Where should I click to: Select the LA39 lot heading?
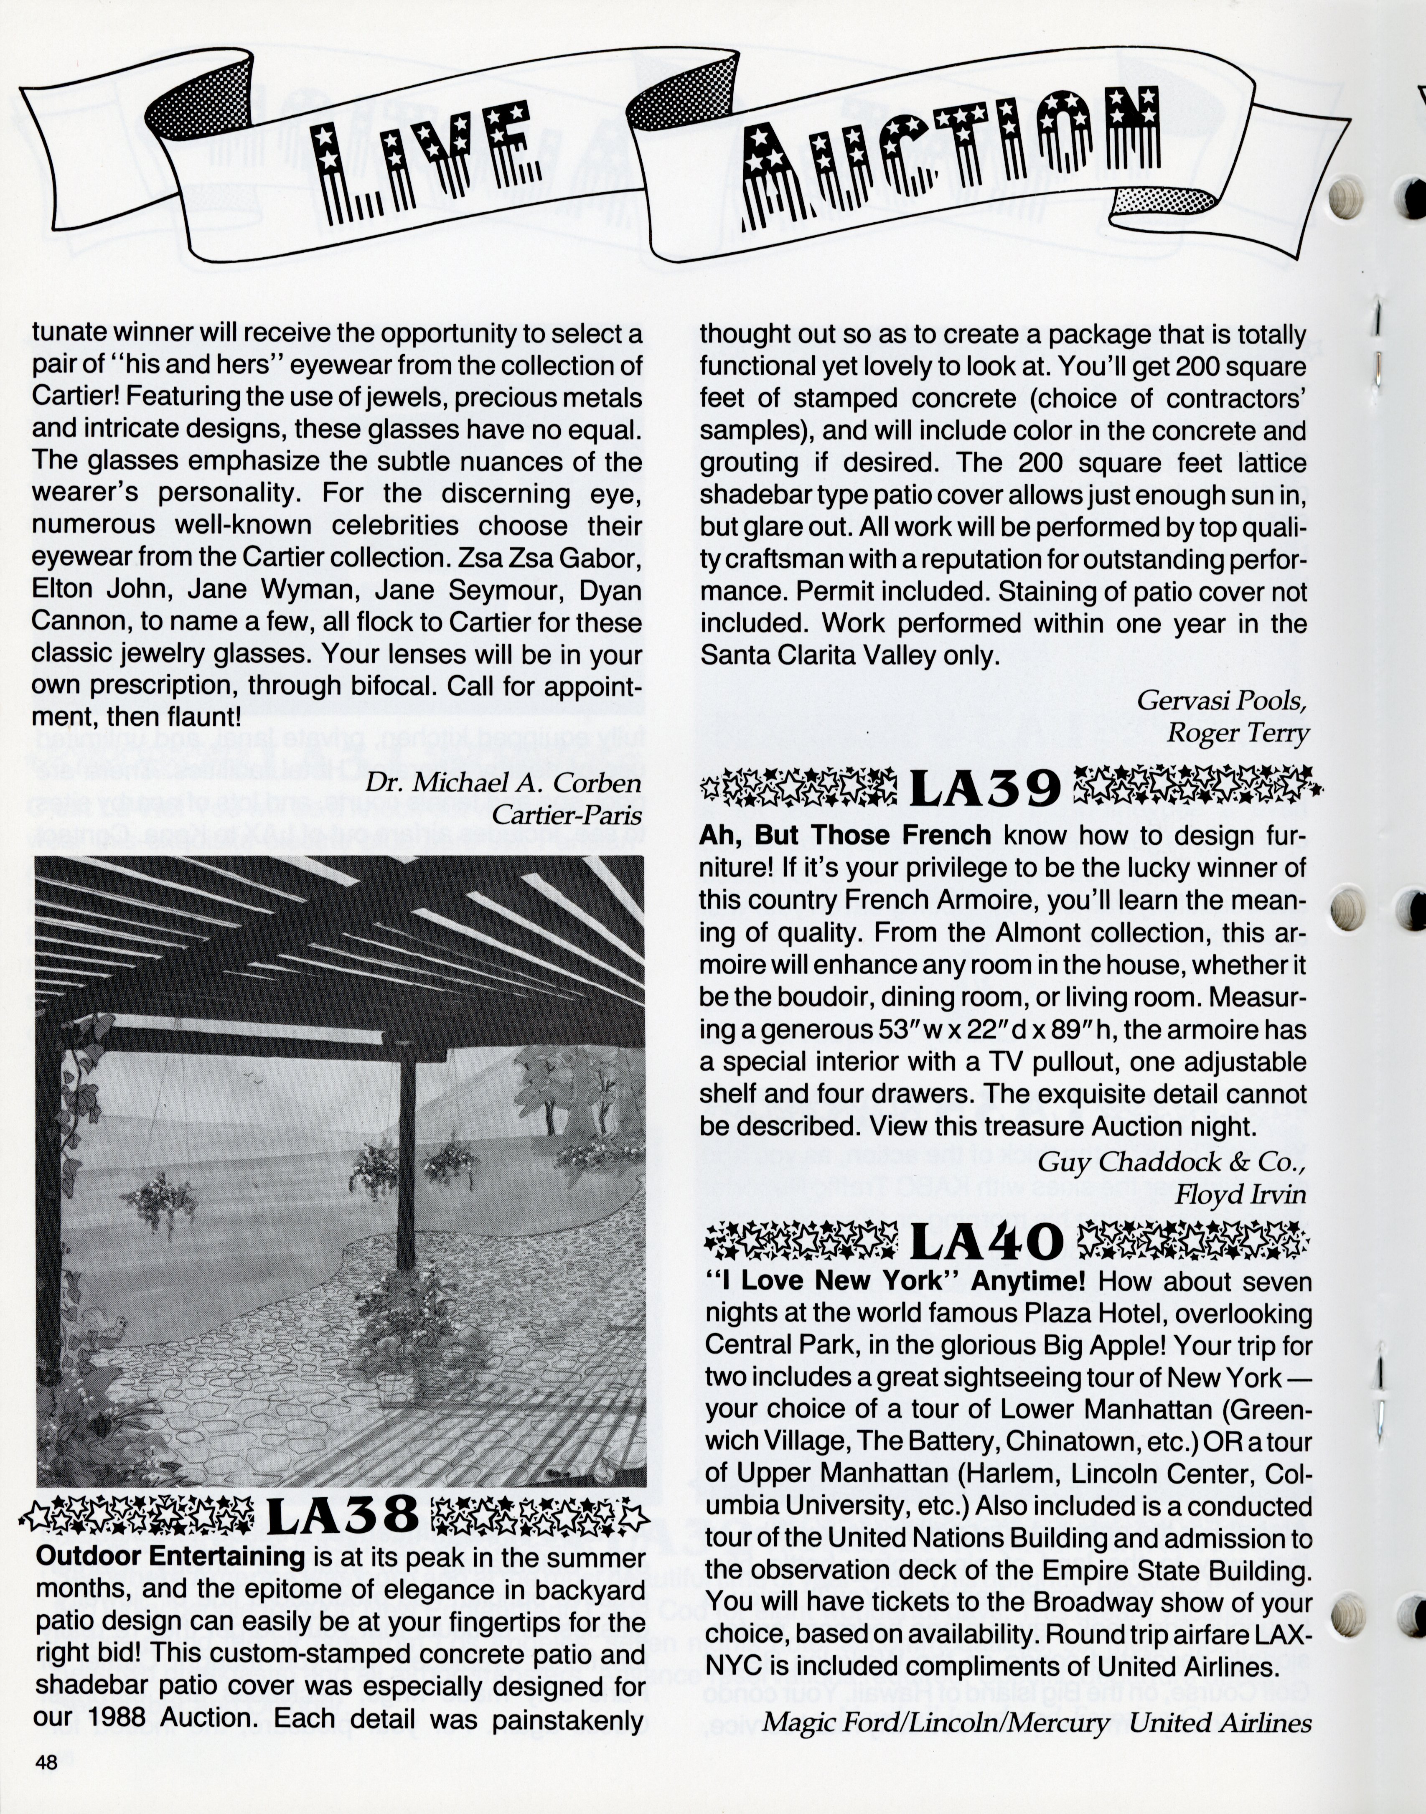985,788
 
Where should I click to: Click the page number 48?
46,1763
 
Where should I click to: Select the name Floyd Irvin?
1240,1194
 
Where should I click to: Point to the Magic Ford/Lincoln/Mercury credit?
935,1722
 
